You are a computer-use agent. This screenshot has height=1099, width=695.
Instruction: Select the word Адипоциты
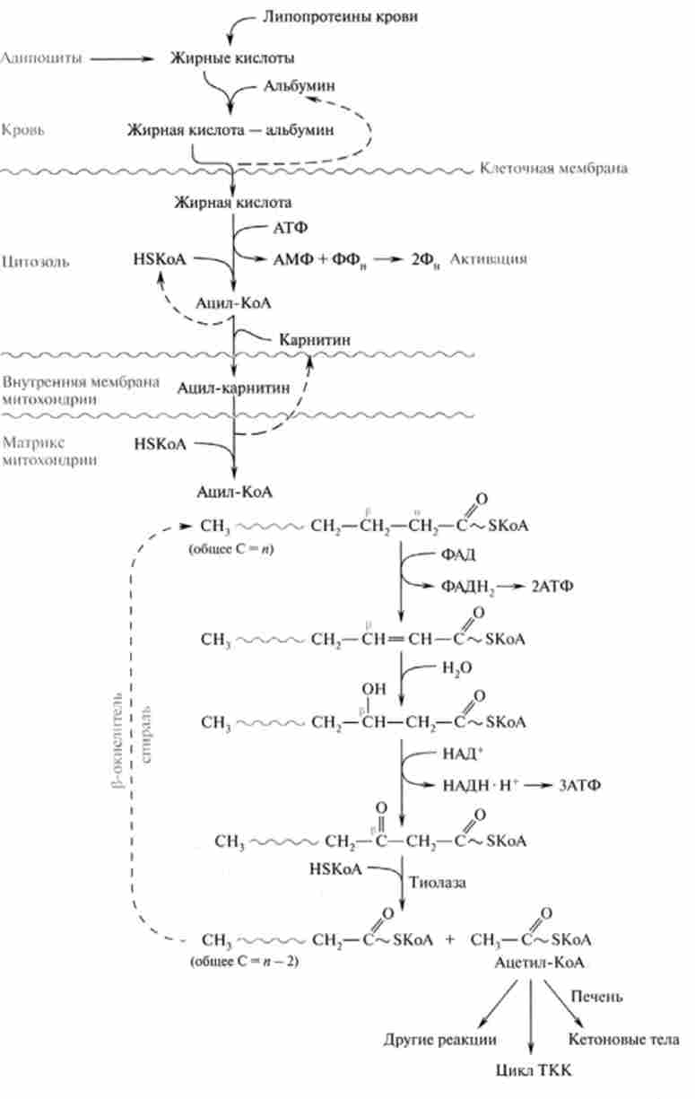42,58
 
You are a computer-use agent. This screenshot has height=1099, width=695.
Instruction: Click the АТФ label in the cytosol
287,230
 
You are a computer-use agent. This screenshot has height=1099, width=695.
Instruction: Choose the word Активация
488,258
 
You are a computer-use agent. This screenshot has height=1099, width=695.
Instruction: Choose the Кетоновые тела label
623,1039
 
